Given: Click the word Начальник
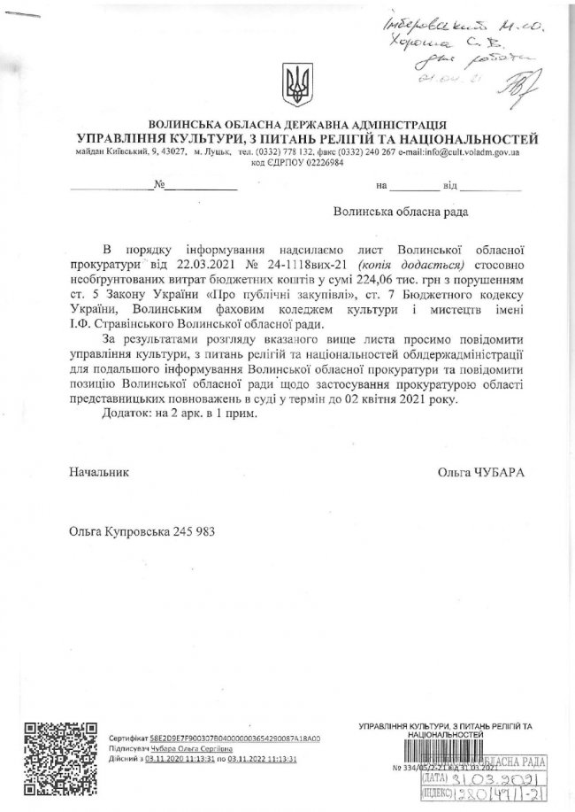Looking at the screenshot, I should [99, 473].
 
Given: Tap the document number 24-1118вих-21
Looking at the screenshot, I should [282, 264].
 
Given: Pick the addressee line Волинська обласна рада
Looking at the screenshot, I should [396, 213].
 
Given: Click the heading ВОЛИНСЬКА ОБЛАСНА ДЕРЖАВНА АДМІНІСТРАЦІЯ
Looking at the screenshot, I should [297, 125].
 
